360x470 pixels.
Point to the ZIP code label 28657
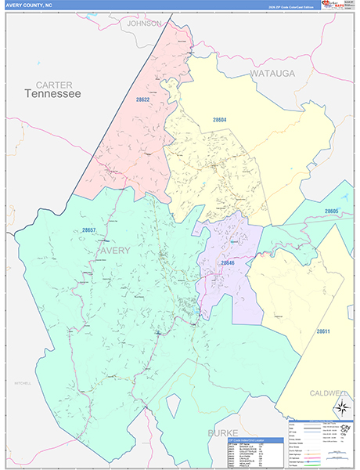(x=88, y=230)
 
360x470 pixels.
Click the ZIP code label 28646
(x=228, y=263)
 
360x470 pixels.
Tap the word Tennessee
(x=52, y=94)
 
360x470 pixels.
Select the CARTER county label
(x=53, y=84)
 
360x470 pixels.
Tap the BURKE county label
(x=221, y=432)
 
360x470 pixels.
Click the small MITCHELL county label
(x=21, y=383)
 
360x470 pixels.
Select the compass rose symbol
(x=340, y=407)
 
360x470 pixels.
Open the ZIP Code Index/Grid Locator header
(x=245, y=440)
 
